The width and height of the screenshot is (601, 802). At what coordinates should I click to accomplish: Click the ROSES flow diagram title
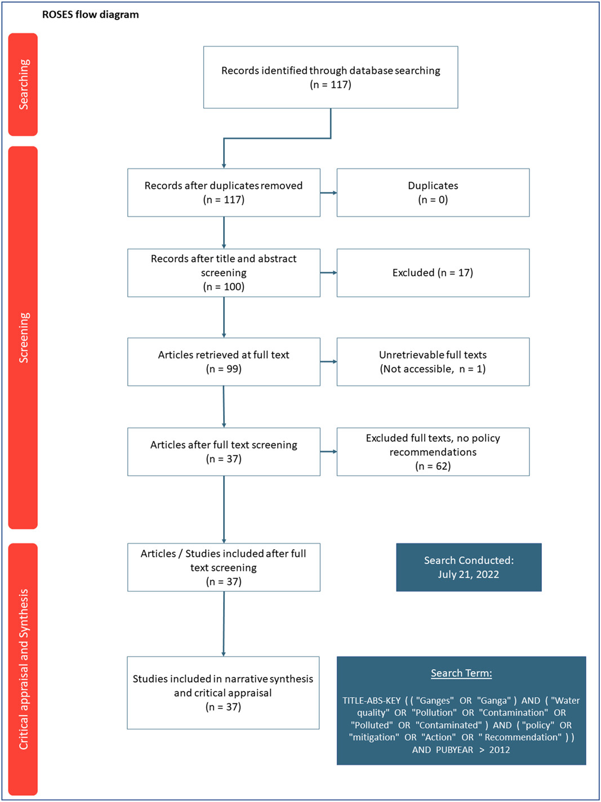(91, 15)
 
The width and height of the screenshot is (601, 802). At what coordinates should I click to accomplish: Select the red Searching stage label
(23, 85)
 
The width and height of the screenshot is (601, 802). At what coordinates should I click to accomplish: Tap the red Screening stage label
(23, 338)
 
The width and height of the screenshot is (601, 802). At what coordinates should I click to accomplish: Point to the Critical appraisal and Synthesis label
(23, 669)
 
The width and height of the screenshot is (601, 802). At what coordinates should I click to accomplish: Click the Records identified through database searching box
(331, 77)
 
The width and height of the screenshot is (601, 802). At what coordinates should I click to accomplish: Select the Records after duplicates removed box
(224, 193)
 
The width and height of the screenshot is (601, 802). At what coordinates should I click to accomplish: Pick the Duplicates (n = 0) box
(433, 193)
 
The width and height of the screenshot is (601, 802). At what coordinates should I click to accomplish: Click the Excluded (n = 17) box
(433, 273)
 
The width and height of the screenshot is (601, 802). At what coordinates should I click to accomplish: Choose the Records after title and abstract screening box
(224, 273)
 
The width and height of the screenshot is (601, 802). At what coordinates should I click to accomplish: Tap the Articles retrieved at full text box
(224, 362)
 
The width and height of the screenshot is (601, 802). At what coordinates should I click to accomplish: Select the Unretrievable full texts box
(433, 362)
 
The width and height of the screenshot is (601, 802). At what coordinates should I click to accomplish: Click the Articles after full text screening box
(224, 451)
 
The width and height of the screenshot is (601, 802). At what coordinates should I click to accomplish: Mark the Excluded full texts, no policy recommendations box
(433, 451)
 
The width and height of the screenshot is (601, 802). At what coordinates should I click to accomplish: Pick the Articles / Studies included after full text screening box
(224, 567)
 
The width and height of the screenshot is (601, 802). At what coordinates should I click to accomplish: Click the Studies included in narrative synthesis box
(223, 693)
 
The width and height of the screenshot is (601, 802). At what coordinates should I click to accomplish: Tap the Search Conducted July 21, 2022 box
(469, 567)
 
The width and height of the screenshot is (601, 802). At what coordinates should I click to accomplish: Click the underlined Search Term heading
(461, 673)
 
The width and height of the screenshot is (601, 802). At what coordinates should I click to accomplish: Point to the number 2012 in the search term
(500, 750)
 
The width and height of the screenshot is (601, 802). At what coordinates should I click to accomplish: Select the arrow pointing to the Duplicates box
(328, 193)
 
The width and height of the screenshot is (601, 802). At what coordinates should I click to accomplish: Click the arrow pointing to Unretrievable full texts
(328, 362)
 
